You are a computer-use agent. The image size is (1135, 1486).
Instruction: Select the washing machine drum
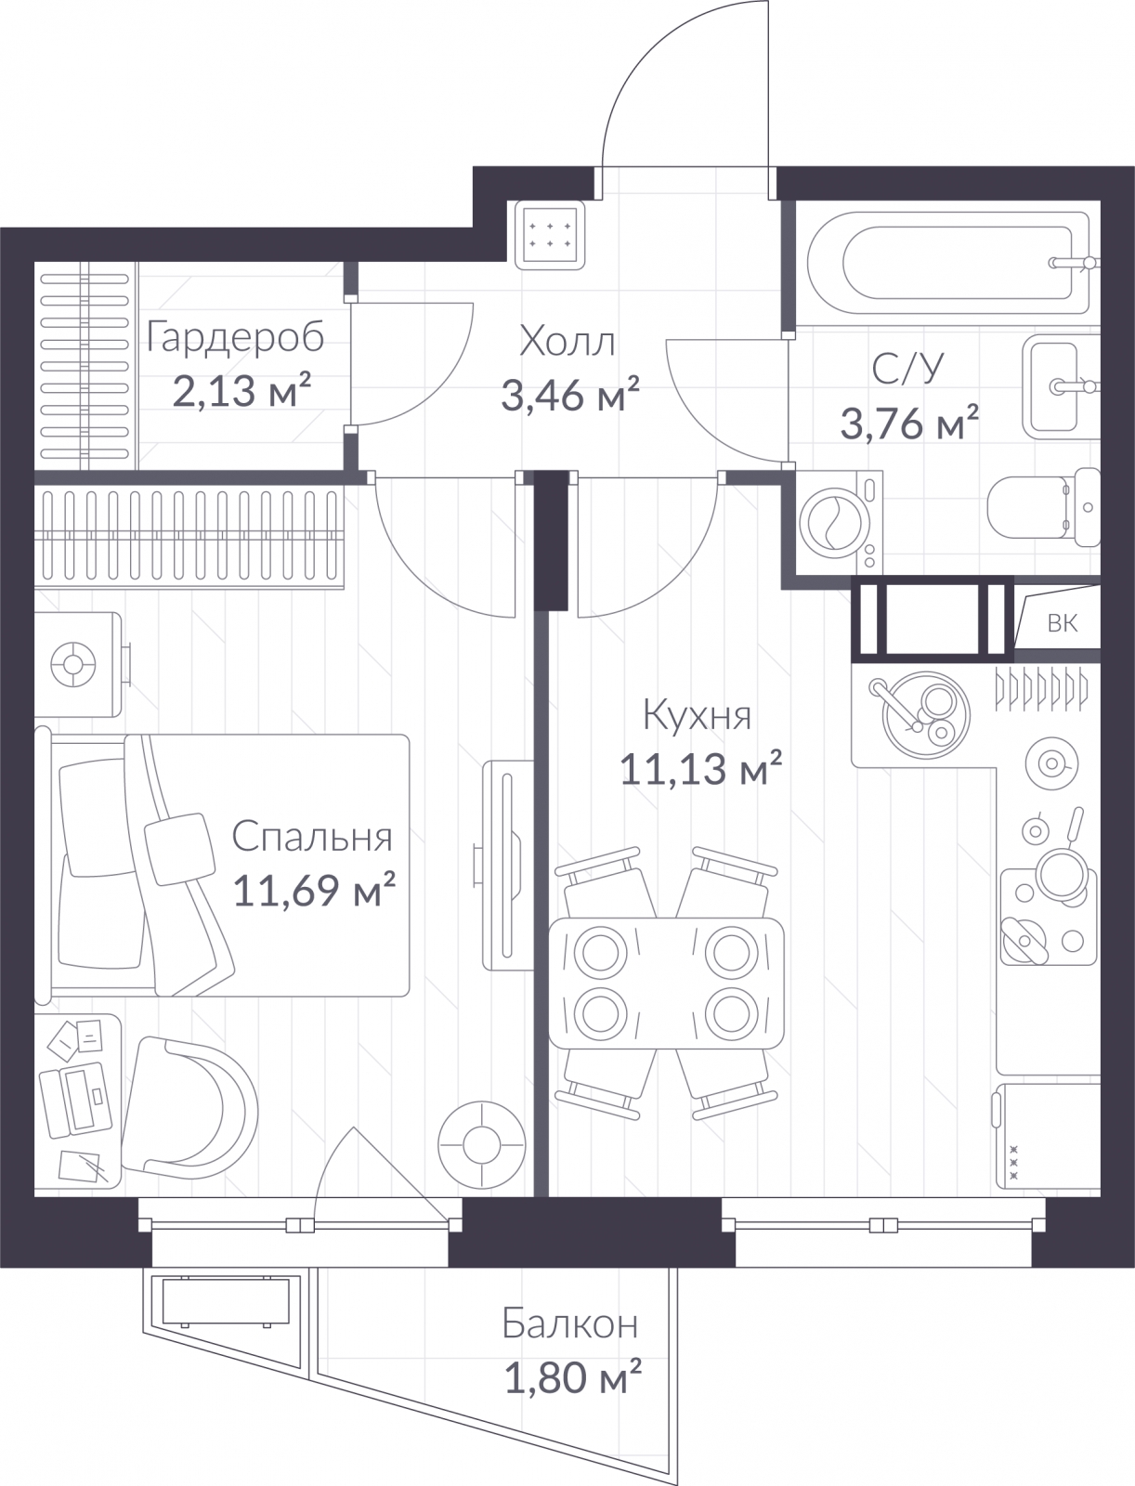[834, 523]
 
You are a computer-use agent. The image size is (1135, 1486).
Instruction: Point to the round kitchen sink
[926, 714]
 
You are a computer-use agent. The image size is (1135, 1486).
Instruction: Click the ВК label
[1062, 623]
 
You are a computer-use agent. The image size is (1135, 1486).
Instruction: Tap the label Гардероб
[236, 338]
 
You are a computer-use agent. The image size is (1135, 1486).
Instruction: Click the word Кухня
[698, 715]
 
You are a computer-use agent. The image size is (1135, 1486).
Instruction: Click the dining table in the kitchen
[666, 983]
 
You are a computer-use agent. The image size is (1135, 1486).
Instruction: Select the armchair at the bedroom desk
[189, 1108]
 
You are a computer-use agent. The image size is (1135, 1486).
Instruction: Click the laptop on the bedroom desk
[76, 1101]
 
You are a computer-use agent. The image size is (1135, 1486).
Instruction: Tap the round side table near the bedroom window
[482, 1145]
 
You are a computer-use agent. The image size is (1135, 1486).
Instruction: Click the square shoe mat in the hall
[549, 235]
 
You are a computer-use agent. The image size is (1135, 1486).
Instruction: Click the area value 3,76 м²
[909, 423]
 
